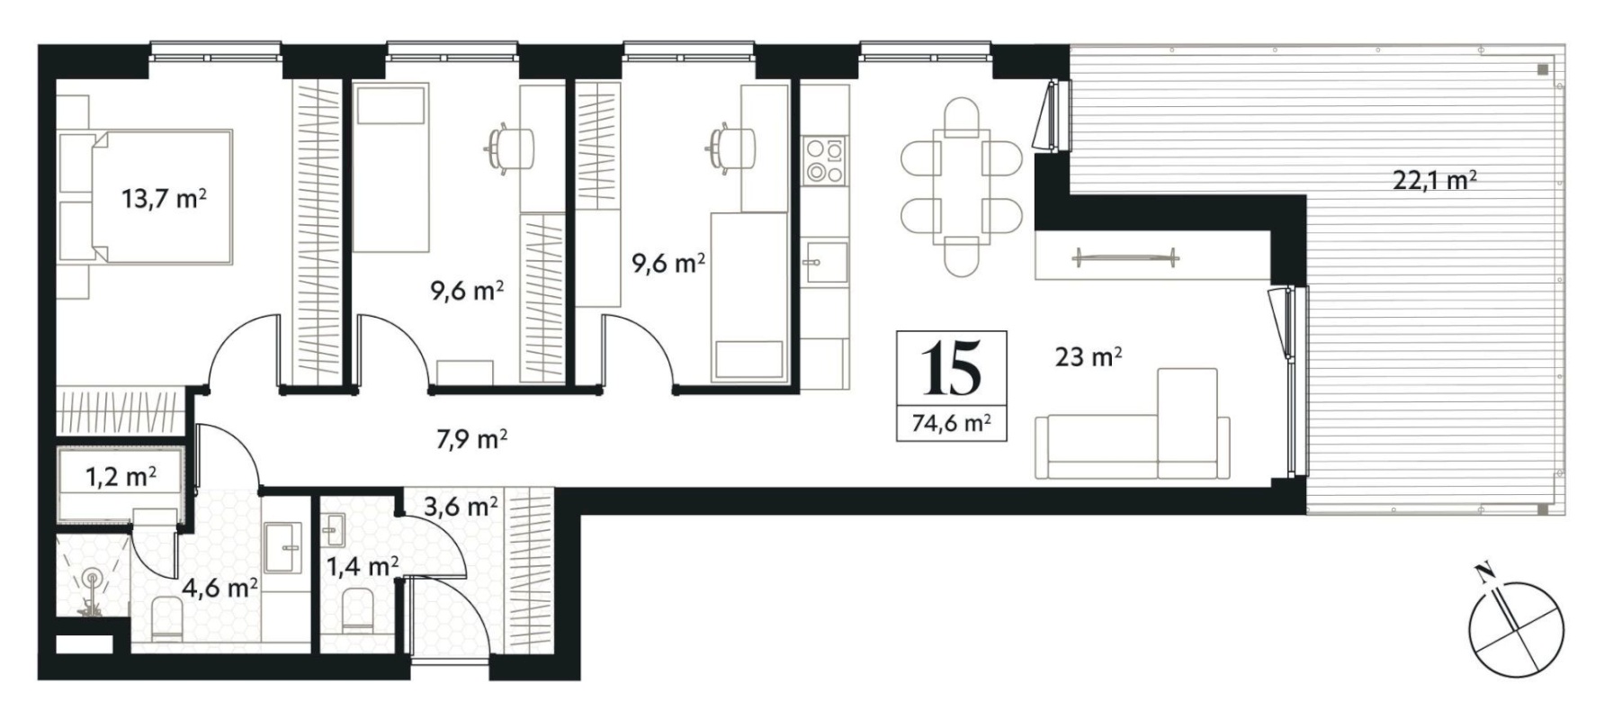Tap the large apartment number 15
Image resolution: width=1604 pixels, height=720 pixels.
tap(951, 370)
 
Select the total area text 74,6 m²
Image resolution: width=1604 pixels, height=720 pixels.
tap(952, 422)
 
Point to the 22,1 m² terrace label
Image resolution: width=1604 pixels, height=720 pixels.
tap(1435, 180)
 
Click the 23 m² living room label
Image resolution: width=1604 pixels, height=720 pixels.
tap(1088, 357)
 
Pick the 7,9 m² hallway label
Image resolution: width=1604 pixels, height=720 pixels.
tap(472, 439)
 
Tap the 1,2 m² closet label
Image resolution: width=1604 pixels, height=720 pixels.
tap(121, 476)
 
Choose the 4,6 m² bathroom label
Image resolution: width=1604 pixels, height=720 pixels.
tap(220, 589)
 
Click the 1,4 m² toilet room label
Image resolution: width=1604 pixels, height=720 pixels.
tap(363, 566)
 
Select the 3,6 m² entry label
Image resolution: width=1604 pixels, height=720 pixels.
tap(461, 506)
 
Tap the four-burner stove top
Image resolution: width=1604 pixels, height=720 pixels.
tap(826, 160)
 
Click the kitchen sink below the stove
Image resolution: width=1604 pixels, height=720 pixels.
tap(826, 262)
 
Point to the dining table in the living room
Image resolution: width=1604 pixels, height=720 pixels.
tap(962, 187)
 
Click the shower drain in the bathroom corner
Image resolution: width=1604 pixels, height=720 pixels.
tap(91, 580)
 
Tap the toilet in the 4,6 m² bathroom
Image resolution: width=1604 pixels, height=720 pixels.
tap(168, 621)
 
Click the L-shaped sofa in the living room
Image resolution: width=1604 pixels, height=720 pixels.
tap(1133, 424)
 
